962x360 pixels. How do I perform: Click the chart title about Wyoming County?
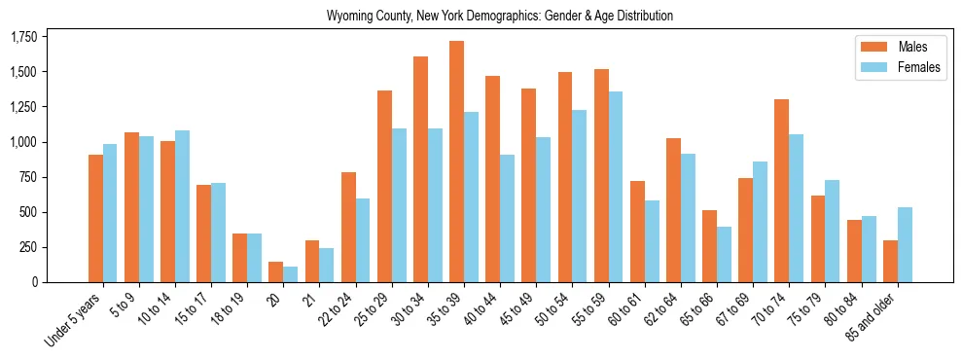click(x=500, y=17)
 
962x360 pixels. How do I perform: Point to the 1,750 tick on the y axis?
click(x=23, y=37)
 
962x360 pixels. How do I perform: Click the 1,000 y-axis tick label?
click(x=23, y=142)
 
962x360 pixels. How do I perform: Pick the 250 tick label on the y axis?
click(x=29, y=247)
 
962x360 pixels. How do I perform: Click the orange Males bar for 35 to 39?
click(x=456, y=162)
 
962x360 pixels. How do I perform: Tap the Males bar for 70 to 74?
click(x=781, y=191)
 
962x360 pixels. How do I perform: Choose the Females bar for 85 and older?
click(x=905, y=244)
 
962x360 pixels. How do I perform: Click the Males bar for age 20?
click(x=276, y=271)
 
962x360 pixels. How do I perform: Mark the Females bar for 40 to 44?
click(x=508, y=218)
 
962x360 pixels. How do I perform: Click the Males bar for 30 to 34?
click(x=420, y=169)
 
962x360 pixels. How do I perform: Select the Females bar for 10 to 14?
click(x=182, y=206)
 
